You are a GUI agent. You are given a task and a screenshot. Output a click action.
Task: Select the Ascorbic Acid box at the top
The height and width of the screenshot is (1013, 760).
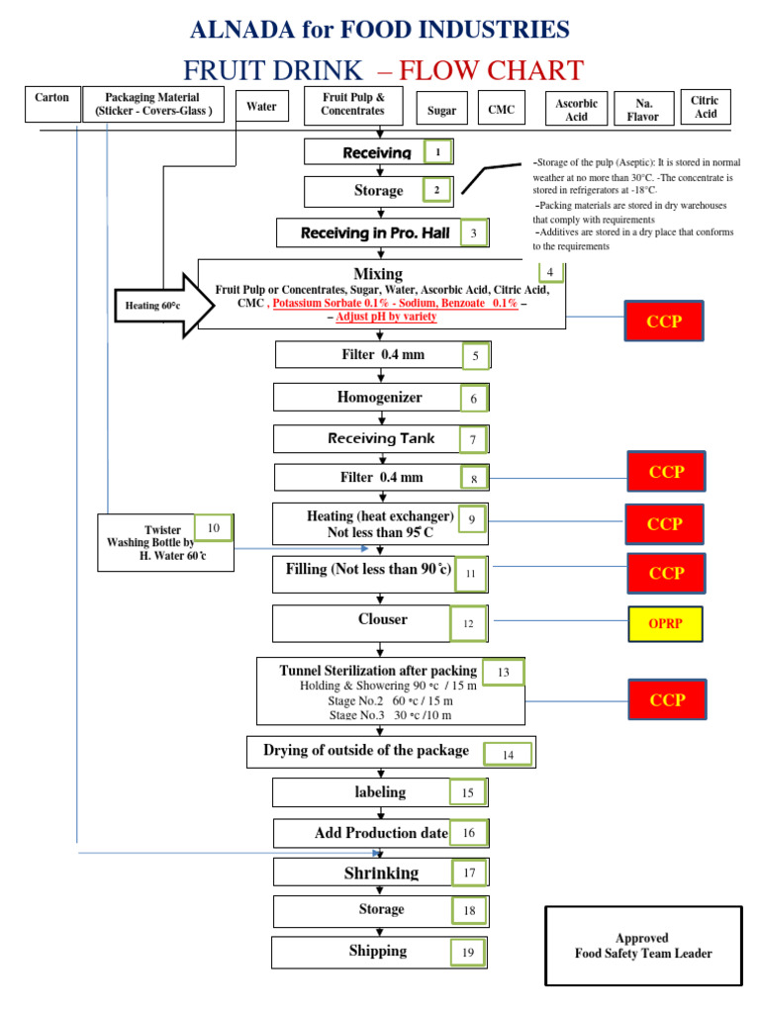point(576,110)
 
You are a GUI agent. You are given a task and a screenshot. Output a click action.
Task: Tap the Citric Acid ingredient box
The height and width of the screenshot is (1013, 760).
point(705,107)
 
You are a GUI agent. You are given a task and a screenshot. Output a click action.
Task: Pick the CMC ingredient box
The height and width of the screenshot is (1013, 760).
point(502,110)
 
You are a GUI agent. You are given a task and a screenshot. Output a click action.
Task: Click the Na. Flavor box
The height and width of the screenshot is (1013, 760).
point(642,110)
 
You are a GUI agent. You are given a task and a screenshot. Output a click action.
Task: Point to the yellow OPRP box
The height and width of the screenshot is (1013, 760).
point(665,624)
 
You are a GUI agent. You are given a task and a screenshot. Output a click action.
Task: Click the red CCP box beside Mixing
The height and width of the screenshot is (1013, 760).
point(665,322)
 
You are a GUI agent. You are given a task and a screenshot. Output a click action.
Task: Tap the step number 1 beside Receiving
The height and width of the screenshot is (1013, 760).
point(438,152)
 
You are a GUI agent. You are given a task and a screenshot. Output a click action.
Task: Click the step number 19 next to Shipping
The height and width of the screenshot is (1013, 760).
point(468,953)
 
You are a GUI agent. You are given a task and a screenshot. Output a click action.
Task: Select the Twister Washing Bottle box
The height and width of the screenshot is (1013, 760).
point(164,543)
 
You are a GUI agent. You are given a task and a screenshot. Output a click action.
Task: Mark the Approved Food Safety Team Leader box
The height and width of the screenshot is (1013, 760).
point(643,946)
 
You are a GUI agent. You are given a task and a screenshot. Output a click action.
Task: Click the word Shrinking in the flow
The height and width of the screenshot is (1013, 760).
point(381,873)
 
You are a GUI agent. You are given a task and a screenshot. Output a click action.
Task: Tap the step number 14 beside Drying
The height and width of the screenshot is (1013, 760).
point(509,755)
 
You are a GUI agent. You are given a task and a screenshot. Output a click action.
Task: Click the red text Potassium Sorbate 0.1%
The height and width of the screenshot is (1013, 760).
point(326,304)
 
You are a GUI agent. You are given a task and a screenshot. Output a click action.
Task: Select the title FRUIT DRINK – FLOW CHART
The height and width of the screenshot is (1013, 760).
point(383,71)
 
